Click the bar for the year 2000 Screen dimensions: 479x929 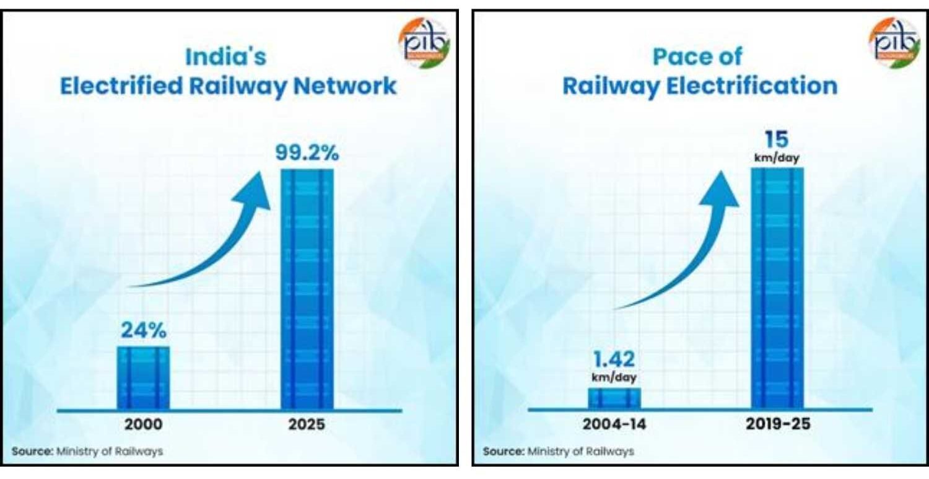143,377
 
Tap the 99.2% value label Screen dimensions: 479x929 307,154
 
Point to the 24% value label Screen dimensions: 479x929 143,331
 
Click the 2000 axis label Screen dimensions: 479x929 143,425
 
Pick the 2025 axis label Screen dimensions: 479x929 307,425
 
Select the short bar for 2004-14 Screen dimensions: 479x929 614,398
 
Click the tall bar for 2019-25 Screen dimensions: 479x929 778,289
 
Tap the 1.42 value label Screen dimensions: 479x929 614,359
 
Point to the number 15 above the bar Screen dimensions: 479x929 777,139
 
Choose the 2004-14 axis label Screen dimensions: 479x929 614,425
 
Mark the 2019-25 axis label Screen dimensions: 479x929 778,425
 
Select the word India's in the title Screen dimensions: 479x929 226,57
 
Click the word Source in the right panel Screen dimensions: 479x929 502,451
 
